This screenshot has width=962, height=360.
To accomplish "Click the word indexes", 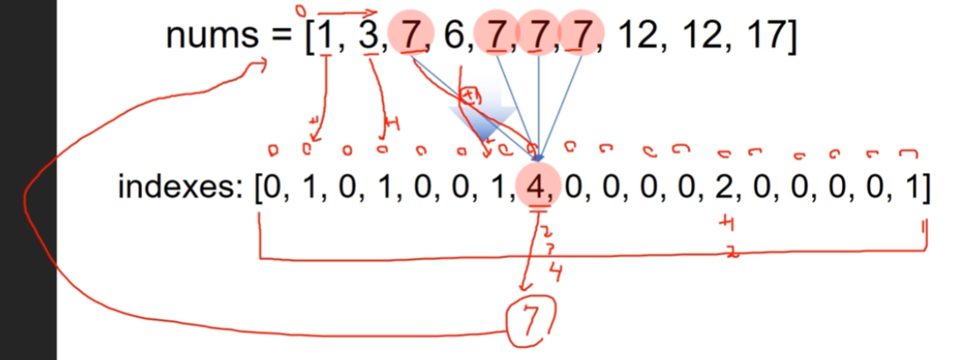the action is [x=177, y=189].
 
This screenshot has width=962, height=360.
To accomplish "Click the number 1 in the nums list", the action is [x=327, y=38].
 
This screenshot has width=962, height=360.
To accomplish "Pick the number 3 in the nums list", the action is [x=368, y=38].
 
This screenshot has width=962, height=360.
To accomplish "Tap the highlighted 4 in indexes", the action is [x=535, y=189].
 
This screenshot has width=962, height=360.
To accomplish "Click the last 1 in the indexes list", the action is [x=913, y=189].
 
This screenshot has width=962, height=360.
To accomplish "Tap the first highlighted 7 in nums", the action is [x=410, y=38].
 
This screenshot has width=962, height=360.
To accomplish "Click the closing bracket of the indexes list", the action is [x=925, y=189].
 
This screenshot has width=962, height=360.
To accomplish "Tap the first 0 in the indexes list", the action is [x=266, y=189].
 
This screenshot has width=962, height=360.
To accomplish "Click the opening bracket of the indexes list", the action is [x=255, y=189].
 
